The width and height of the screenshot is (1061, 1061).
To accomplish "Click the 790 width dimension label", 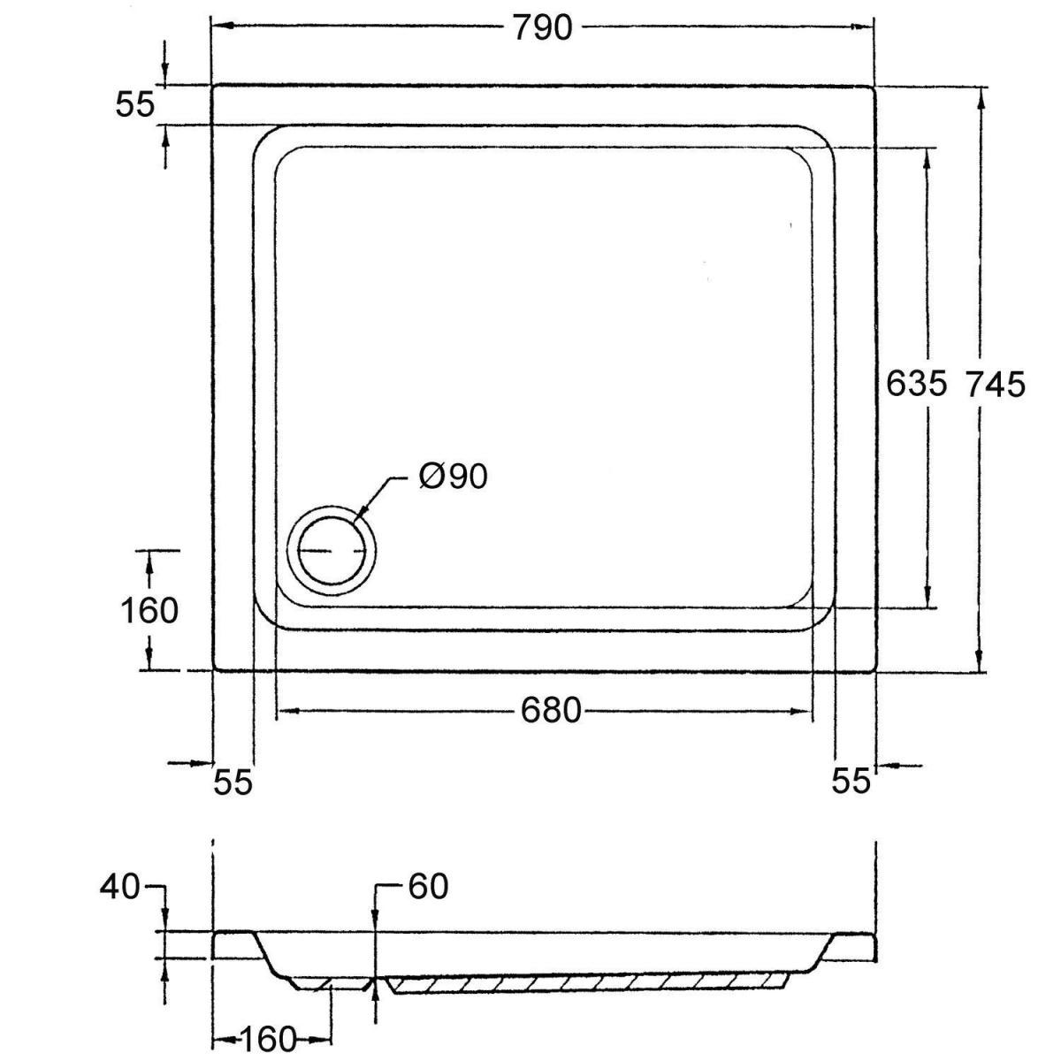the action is (543, 27).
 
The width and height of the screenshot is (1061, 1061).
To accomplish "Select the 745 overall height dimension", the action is (996, 384).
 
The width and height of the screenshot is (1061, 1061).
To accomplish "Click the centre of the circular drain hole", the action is (332, 551).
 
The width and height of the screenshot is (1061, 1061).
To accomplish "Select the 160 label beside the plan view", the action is (149, 611).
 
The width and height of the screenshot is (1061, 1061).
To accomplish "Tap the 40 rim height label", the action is (119, 888).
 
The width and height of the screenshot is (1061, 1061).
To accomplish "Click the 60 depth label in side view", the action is (428, 887).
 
